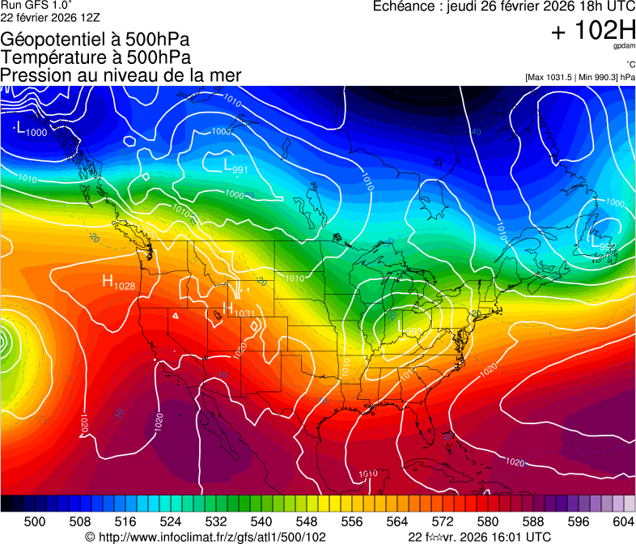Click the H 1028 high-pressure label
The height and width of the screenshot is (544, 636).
118,283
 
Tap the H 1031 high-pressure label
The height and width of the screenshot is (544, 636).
239,311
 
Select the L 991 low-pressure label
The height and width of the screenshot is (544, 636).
235,166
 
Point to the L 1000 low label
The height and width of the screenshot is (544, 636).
31,130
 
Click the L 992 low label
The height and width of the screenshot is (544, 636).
604,243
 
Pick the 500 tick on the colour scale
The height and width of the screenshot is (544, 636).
35,521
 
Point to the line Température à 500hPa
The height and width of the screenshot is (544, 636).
95,57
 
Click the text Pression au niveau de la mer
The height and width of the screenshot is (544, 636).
121,75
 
